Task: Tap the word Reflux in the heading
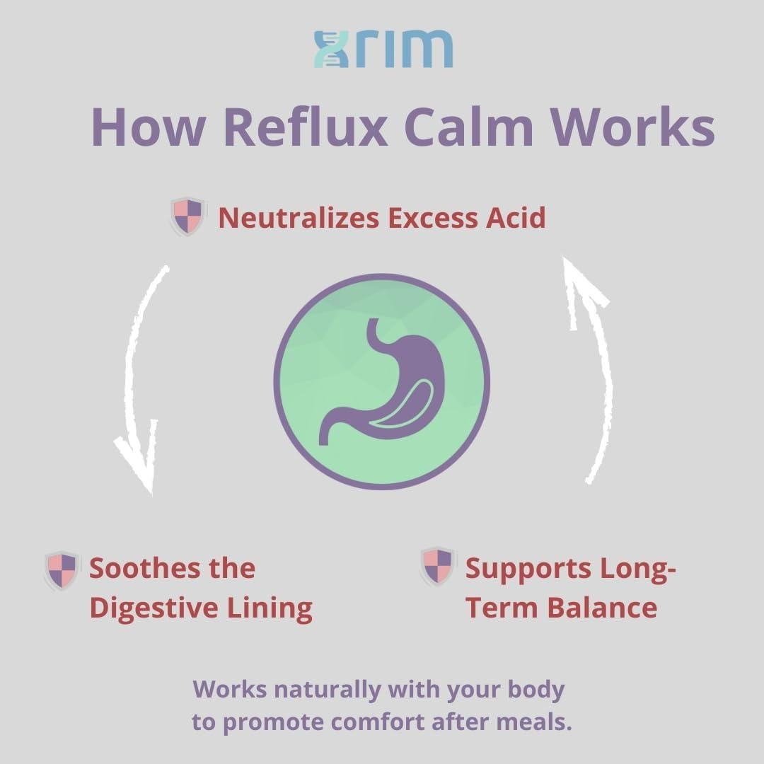[305, 127]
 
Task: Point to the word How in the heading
[149, 127]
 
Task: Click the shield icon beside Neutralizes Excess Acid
[187, 216]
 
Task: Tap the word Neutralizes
[298, 218]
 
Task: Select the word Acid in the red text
[515, 218]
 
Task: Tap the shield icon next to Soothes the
[62, 570]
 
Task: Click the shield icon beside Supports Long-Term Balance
[437, 566]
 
